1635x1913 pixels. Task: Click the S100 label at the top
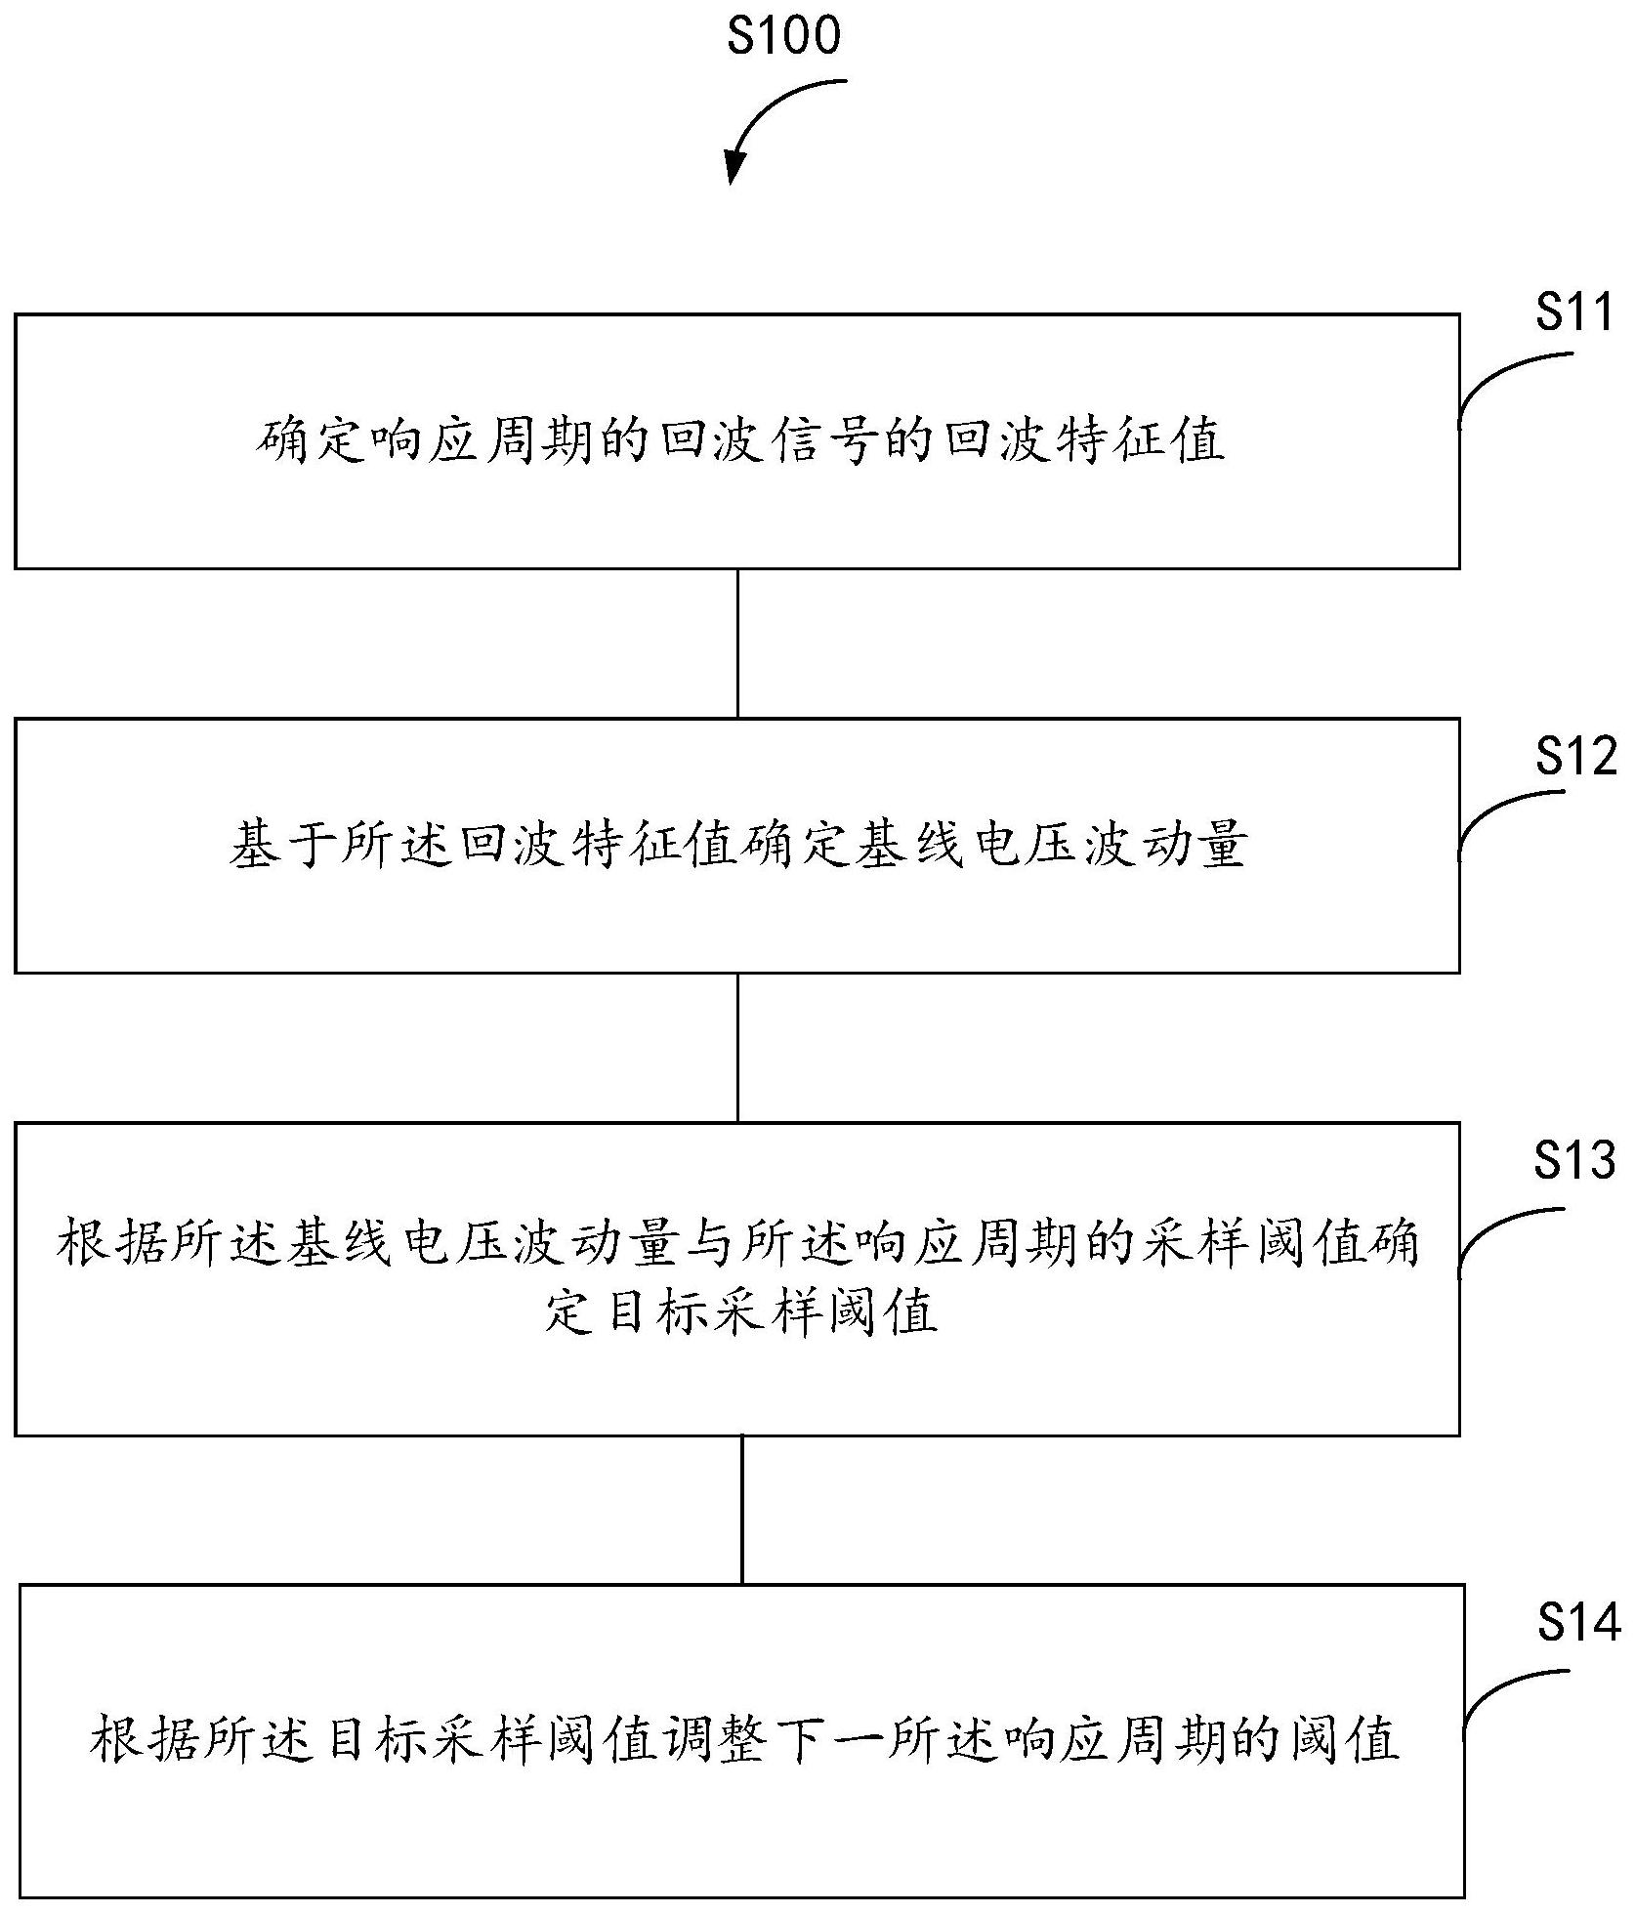tap(783, 37)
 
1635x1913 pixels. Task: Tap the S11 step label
tap(1572, 314)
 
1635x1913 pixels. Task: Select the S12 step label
tap(1575, 757)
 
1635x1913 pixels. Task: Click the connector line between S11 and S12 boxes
tap(737, 644)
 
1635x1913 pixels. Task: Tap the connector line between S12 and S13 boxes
tap(737, 1048)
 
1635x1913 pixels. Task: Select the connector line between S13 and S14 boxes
tap(742, 1510)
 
